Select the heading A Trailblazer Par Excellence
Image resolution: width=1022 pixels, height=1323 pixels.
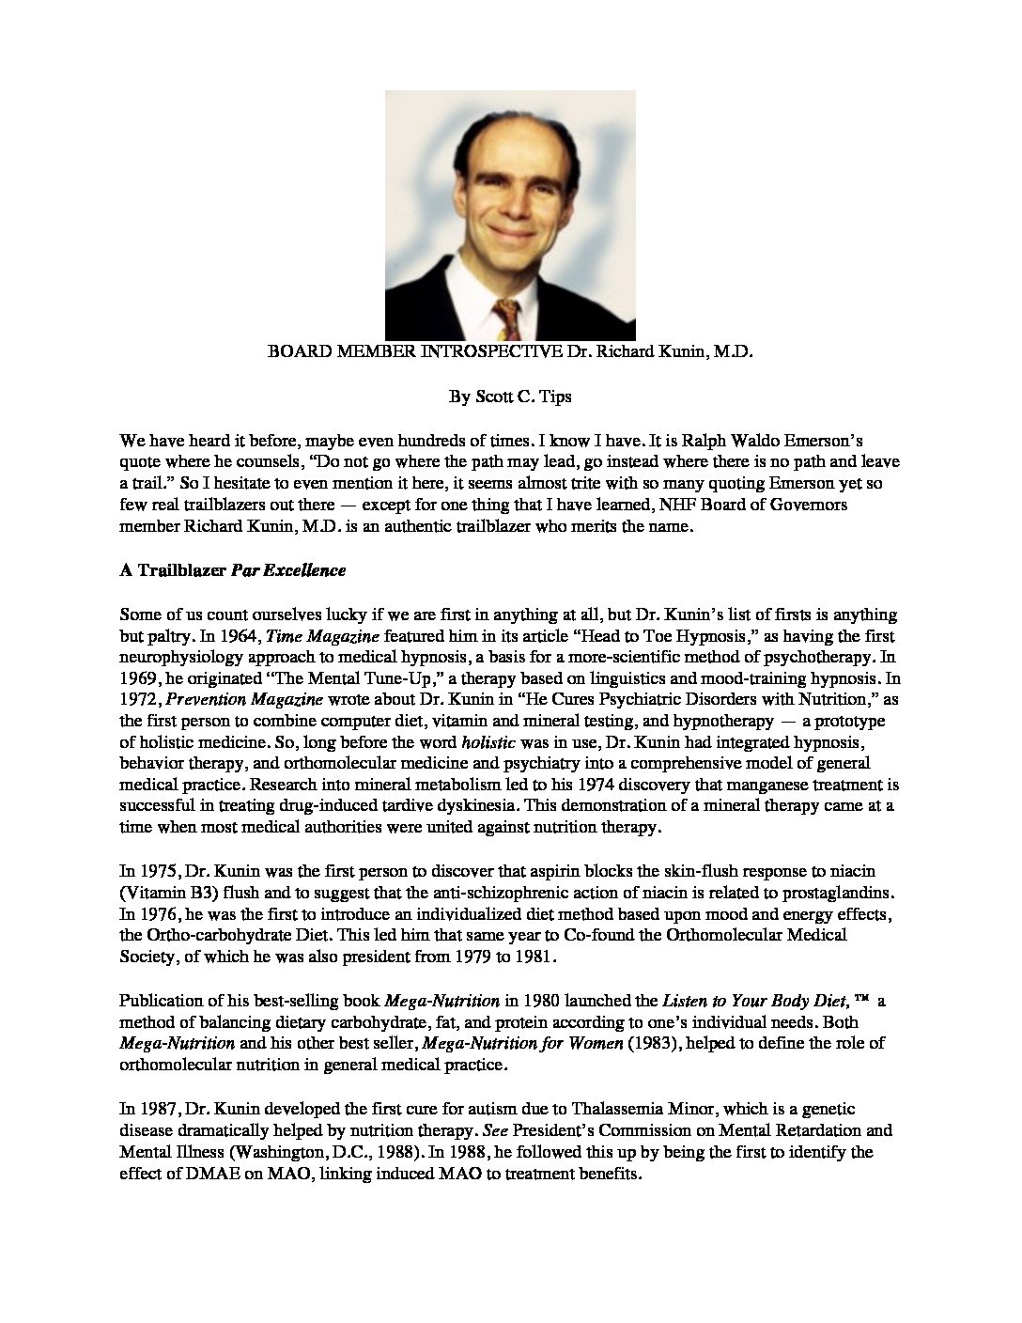(233, 570)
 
